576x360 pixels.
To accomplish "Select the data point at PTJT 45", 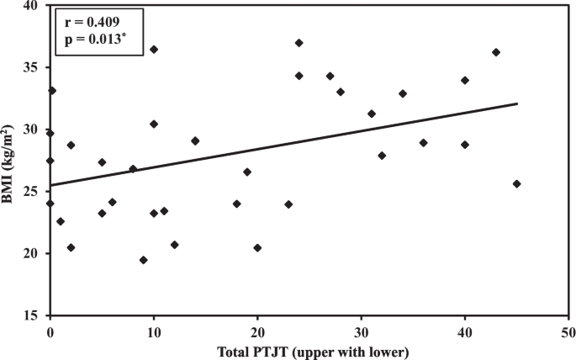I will point(516,183).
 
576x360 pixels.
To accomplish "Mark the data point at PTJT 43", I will point(496,52).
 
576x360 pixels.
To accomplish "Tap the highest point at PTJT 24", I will point(299,43).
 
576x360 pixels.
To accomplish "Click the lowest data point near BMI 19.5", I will point(144,260).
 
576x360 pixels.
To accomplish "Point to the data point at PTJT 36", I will point(424,143).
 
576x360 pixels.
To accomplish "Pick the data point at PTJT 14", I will point(195,140).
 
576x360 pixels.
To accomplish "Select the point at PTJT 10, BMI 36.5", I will point(154,50).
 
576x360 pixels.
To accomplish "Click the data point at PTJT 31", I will point(372,114).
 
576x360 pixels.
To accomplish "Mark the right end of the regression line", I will point(516,103).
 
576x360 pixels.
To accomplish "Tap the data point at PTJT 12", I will point(174,245).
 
